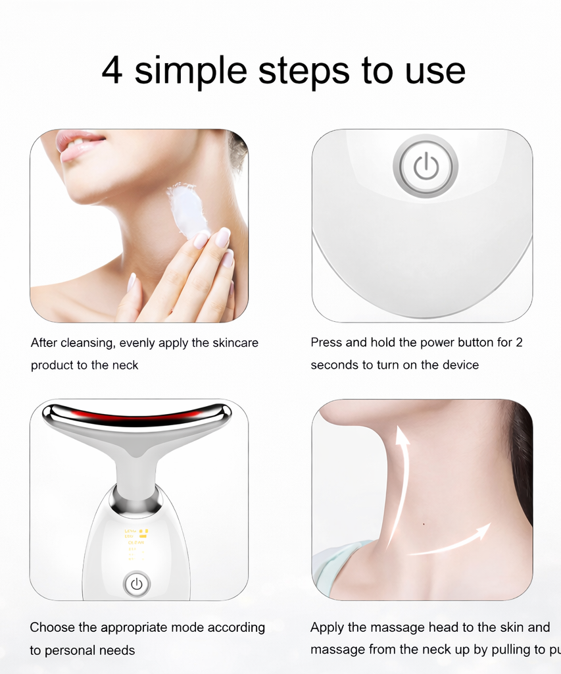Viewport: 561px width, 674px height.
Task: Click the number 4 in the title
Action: [x=112, y=70]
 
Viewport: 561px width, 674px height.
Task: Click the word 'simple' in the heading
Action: [x=191, y=72]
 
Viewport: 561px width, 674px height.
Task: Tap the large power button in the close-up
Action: [x=426, y=166]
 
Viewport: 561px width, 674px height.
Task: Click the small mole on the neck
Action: [x=423, y=524]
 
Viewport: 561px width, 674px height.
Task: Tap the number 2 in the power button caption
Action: [x=519, y=342]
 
